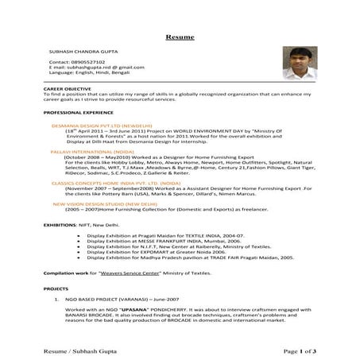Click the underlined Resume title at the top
click(180, 37)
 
